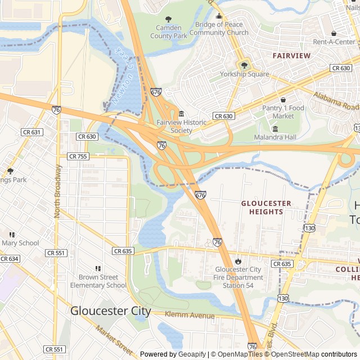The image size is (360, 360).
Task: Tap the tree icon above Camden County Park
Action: pyautogui.click(x=169, y=20)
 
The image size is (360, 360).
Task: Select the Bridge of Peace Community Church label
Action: pyautogui.click(x=219, y=29)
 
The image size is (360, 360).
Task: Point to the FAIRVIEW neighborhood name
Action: pyautogui.click(x=291, y=56)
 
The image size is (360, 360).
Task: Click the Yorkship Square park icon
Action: pyautogui.click(x=244, y=65)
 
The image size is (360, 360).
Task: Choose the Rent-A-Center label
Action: pyautogui.click(x=334, y=42)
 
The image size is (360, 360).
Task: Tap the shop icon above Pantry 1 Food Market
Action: pyautogui.click(x=283, y=100)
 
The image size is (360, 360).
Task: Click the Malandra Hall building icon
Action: pyautogui.click(x=275, y=129)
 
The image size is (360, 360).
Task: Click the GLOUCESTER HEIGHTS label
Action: pyautogui.click(x=266, y=208)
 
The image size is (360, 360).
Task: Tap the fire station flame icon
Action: pyautogui.click(x=238, y=261)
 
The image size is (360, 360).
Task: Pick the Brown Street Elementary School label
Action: pyautogui.click(x=98, y=281)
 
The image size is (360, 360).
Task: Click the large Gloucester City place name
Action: pyautogui.click(x=111, y=311)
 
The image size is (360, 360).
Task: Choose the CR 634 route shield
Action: pyautogui.click(x=8, y=259)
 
